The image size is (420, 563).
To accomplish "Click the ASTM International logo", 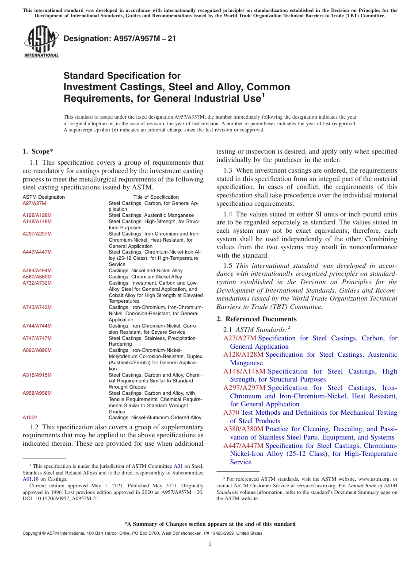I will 41,42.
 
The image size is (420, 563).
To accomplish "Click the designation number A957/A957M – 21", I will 120,39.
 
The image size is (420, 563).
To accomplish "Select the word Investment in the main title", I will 90,87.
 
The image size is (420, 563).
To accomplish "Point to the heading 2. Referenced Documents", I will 256,319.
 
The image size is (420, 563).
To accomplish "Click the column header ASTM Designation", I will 43,197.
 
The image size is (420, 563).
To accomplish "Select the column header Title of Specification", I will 156,197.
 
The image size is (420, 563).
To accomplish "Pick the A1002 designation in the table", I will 30,417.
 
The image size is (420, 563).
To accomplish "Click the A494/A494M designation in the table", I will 37,270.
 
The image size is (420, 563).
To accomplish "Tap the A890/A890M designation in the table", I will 37,350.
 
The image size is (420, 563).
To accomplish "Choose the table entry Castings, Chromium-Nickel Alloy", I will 145,277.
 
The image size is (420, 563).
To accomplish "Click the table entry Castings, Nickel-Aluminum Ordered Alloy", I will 155,417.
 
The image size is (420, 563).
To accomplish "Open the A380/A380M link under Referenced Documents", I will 243,429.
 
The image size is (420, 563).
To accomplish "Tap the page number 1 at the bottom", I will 210,544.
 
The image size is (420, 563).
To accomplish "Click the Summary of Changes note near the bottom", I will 210,524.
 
